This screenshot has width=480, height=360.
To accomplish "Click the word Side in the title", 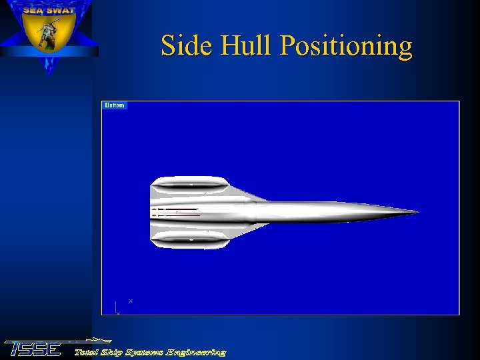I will coord(181,46).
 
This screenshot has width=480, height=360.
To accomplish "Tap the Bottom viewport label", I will coord(115,105).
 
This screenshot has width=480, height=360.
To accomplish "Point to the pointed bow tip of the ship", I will coord(417,213).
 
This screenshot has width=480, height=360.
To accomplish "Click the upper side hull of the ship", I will coord(190,183).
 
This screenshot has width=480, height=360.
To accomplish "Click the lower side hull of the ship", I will coord(190,238).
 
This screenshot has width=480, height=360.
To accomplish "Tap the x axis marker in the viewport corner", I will coord(131,301).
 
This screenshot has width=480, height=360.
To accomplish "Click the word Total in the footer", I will coord(87,352).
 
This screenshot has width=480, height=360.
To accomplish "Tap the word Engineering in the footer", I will coord(197,352).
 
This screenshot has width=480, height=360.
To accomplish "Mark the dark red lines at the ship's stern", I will coord(177,213).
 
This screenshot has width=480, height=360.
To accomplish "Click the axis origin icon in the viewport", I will coord(117,308).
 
